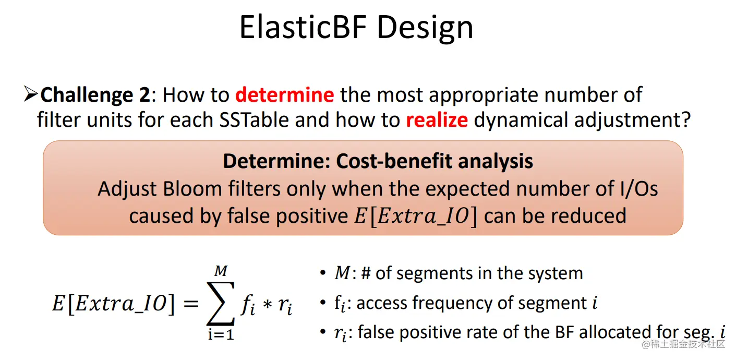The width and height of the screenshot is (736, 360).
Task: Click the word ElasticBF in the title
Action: point(303,27)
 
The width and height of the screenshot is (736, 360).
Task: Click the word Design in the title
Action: point(425,29)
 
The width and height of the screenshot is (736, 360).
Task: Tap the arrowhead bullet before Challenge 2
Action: point(31,94)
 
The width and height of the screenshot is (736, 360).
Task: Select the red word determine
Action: point(285,94)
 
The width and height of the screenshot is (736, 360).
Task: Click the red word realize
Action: point(437,119)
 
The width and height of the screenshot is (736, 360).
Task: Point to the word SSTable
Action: point(254,119)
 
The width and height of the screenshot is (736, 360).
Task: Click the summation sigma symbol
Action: point(220,303)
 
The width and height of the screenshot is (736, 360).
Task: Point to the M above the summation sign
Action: point(221,271)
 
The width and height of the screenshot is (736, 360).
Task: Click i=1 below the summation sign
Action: point(221,334)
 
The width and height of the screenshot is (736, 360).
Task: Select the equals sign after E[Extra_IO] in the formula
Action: point(191,303)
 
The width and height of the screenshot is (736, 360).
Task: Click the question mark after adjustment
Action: point(686,119)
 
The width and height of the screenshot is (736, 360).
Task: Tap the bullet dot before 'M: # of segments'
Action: point(323,273)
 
